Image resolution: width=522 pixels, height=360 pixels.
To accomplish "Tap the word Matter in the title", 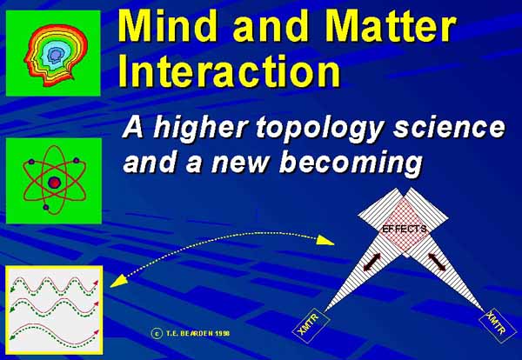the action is click(x=391, y=25).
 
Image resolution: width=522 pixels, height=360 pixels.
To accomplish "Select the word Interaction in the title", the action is click(x=230, y=70).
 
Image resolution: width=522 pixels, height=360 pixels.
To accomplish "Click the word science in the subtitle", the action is click(x=449, y=127).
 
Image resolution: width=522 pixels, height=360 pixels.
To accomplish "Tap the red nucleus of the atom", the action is click(x=54, y=183).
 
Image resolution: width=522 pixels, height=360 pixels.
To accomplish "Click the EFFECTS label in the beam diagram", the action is click(x=405, y=229).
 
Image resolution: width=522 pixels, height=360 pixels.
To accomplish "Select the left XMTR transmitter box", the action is click(x=311, y=326).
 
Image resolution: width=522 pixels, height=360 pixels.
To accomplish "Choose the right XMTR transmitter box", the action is click(x=498, y=326).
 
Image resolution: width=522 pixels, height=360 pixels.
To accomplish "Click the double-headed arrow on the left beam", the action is click(x=372, y=262).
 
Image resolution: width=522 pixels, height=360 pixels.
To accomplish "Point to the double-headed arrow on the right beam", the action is click(x=437, y=262).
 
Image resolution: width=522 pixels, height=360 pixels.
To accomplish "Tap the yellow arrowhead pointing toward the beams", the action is click(x=325, y=240).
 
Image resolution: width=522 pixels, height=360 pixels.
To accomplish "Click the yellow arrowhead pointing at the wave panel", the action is click(x=119, y=281).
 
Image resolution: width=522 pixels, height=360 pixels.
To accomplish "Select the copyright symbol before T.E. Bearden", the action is click(x=157, y=333).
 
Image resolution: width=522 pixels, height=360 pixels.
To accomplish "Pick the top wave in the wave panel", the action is click(x=54, y=286).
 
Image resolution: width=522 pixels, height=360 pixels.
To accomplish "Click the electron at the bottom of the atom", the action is click(x=46, y=207).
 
